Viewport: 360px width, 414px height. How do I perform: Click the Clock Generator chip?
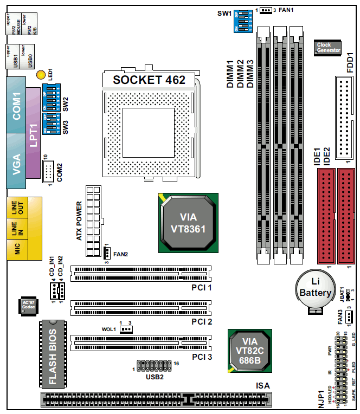327,48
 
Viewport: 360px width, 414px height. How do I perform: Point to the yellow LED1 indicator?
40,74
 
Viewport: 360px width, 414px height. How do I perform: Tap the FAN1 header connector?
266,10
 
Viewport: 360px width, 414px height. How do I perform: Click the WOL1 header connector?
126,329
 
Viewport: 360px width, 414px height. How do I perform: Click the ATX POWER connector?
93,222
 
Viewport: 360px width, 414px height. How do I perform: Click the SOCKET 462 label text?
149,80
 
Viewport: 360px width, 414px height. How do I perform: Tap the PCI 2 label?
202,322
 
